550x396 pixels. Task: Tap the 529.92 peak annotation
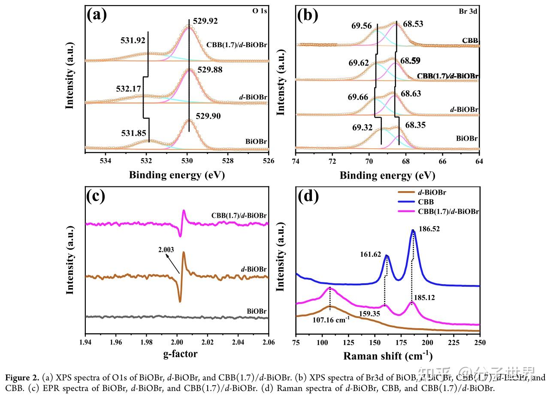click(x=206, y=21)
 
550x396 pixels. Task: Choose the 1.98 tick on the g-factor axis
click(x=146, y=343)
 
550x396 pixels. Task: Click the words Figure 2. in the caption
click(x=20, y=378)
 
